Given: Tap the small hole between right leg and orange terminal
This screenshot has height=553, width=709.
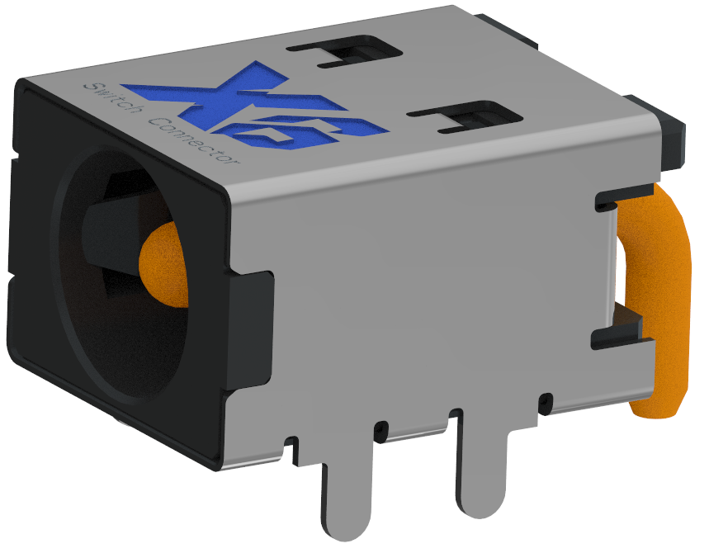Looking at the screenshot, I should (x=544, y=404).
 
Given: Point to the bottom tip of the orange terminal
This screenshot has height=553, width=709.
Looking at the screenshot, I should (x=656, y=409).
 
